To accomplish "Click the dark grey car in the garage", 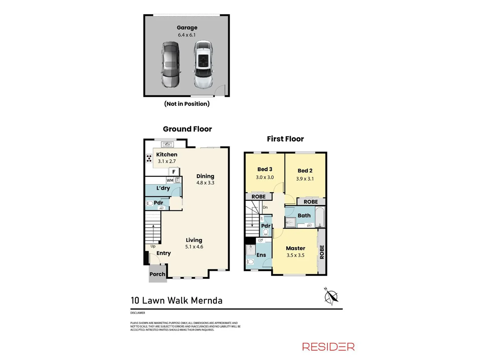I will click(170, 65).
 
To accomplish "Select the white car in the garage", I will click(203, 65).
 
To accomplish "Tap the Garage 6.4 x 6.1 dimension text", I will click(187, 35).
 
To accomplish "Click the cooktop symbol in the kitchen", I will click(149, 158).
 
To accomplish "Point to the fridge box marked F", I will click(174, 172).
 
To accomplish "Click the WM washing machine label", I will click(170, 180).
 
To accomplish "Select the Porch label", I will click(157, 274).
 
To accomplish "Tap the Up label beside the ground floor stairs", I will click(153, 246).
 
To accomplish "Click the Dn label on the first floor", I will click(265, 207).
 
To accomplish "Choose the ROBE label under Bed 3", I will click(259, 197).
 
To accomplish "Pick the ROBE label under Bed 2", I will click(311, 202).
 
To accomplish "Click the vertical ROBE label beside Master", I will click(322, 252).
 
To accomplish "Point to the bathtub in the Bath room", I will click(320, 217).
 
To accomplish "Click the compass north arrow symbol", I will click(331, 296).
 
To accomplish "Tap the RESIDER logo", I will click(328, 347).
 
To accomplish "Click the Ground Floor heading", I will click(187, 129).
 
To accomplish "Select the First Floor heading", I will click(285, 139).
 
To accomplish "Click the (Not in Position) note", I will click(187, 104).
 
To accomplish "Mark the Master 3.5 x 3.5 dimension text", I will click(295, 255).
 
